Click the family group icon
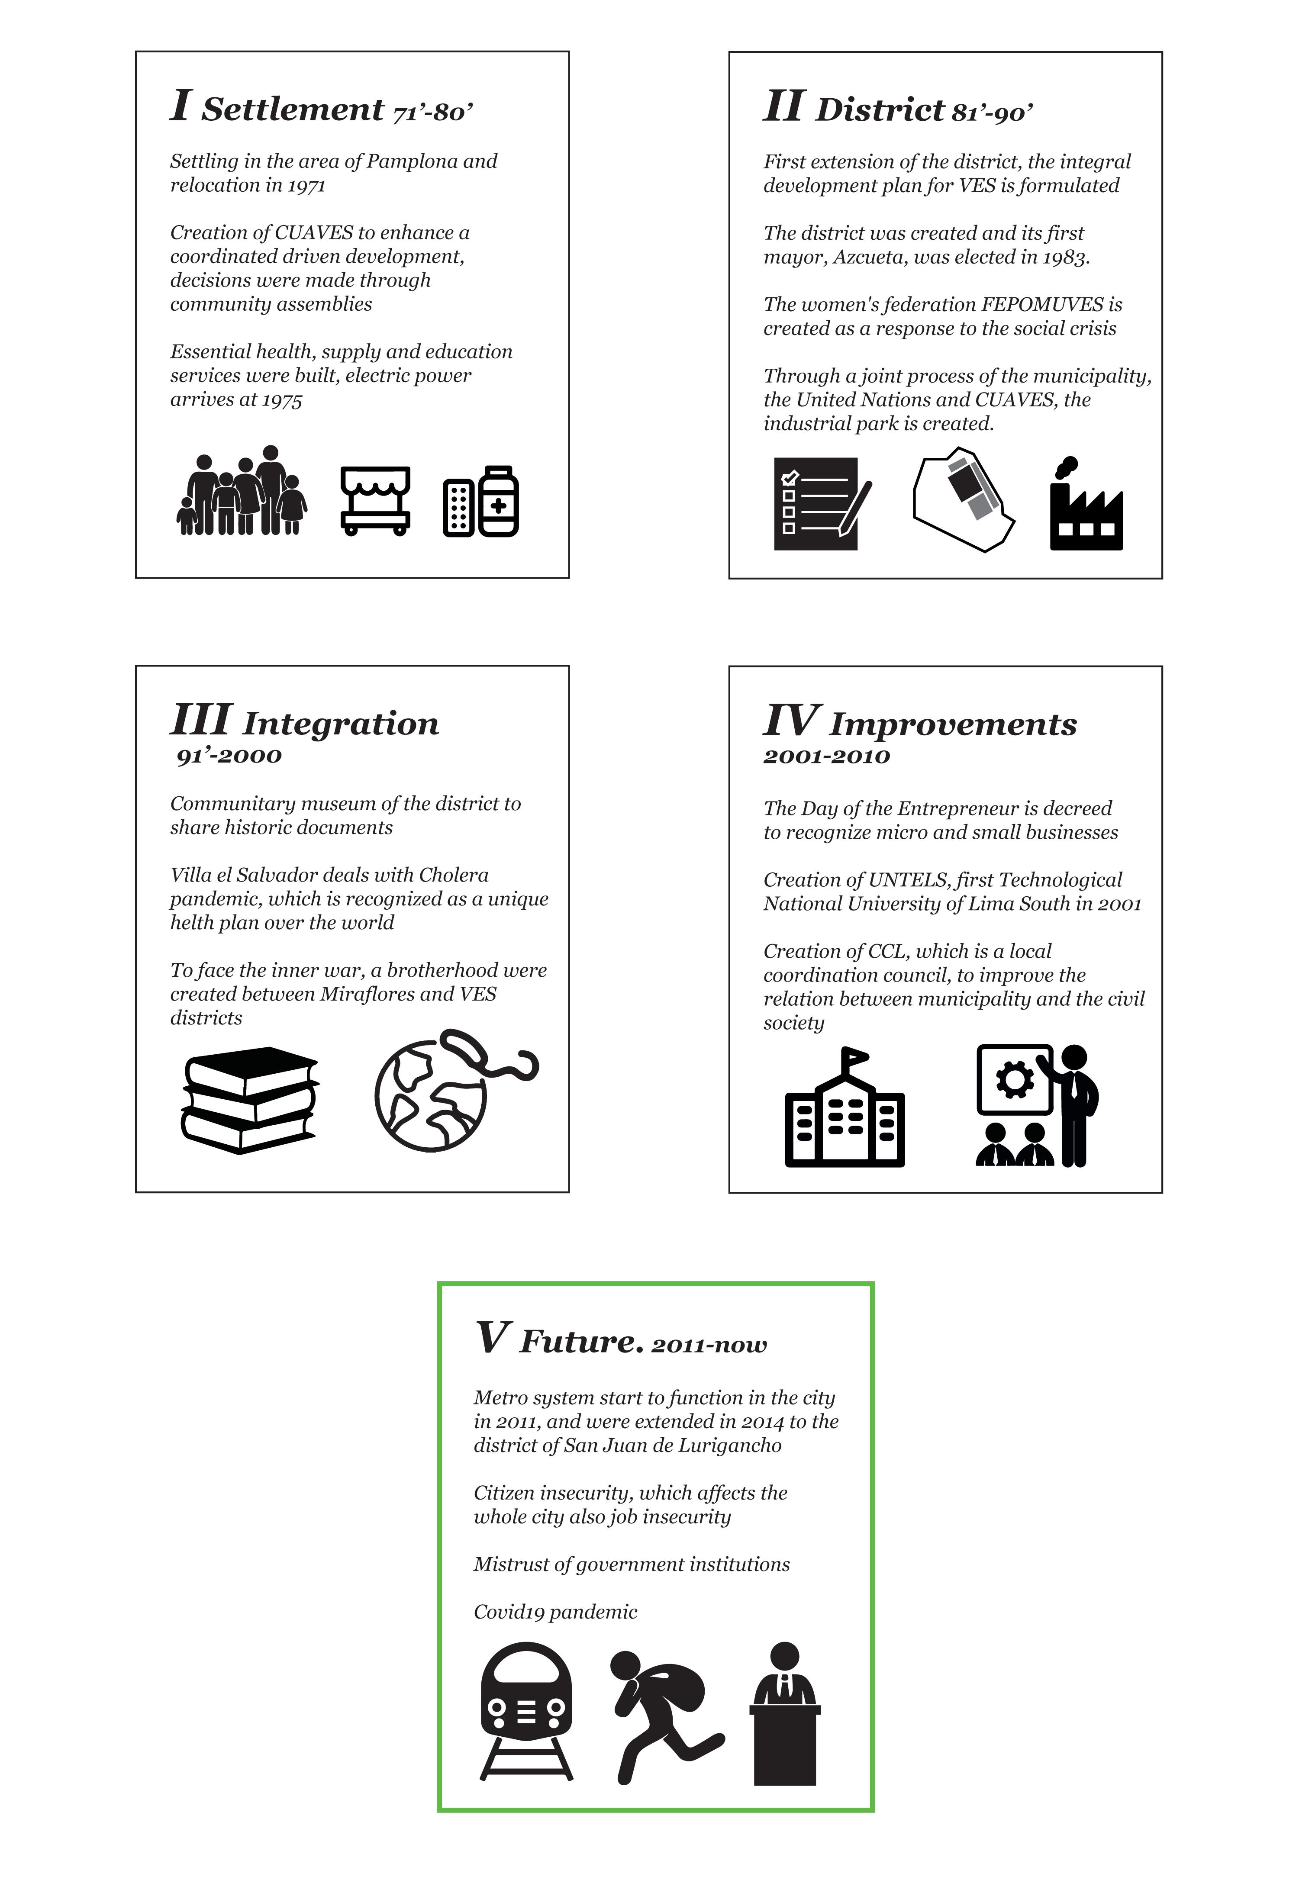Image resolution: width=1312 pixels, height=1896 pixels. point(242,492)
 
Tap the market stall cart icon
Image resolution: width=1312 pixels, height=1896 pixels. point(376,500)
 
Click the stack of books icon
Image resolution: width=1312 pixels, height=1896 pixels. point(249,1100)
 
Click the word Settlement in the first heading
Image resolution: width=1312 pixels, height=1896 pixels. point(293,109)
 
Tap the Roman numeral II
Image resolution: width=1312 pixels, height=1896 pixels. point(783,107)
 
